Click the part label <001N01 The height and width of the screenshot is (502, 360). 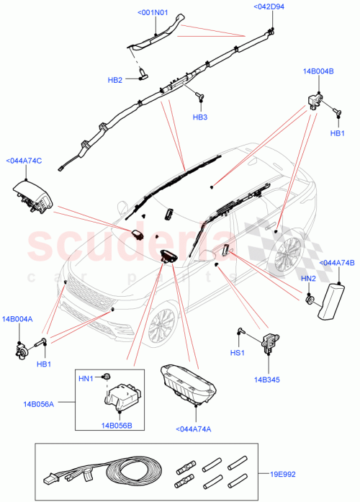point(152,12)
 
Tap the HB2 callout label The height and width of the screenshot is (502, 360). point(115,80)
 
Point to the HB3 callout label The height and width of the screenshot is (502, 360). point(199,117)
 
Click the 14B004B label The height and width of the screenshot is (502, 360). point(318,71)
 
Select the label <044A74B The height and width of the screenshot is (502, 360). point(336,264)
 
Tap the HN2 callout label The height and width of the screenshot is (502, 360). point(308,278)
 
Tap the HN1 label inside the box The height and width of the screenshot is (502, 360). point(86,377)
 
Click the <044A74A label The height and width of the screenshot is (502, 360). point(193,430)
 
